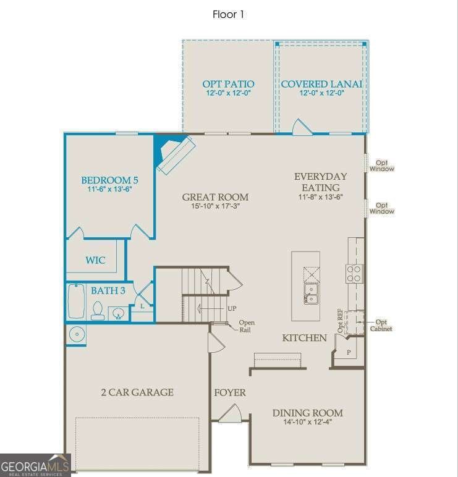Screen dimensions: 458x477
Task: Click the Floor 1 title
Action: click(228, 14)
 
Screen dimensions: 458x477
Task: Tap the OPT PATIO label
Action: click(228, 84)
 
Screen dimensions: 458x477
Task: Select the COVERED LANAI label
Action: click(321, 84)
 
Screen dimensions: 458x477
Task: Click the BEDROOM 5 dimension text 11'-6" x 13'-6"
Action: click(109, 189)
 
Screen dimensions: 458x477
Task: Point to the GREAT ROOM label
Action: click(215, 197)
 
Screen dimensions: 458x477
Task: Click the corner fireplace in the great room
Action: click(176, 155)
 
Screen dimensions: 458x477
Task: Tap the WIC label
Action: click(95, 260)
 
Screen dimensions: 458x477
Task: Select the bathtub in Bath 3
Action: click(76, 301)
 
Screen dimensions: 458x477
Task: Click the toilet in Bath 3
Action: click(98, 311)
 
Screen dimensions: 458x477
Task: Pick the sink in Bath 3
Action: click(118, 313)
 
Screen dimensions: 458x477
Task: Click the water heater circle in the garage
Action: click(77, 334)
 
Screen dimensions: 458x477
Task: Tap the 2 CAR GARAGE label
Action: click(137, 392)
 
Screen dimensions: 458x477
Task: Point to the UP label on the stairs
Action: click(232, 308)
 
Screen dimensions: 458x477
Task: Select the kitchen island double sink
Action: click(311, 293)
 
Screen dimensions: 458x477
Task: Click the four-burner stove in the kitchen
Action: click(354, 274)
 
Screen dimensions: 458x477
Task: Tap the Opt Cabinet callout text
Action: click(381, 325)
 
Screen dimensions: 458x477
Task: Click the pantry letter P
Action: click(349, 352)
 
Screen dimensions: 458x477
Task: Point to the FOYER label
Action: click(230, 392)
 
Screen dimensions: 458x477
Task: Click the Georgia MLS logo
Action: click(35, 465)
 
